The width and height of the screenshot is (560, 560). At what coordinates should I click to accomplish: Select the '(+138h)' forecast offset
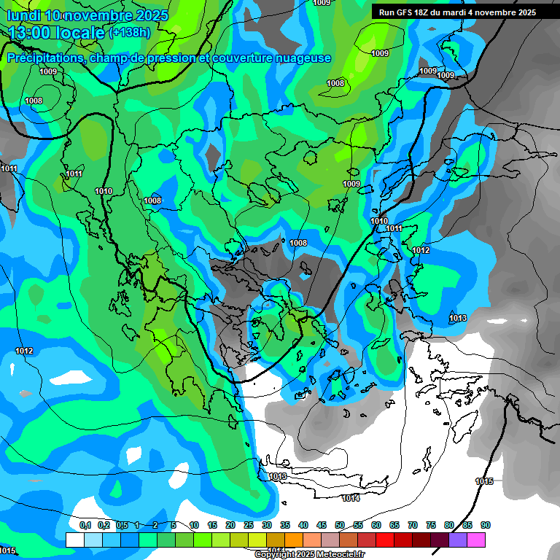click(130, 32)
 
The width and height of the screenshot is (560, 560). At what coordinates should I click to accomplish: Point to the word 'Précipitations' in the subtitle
click(43, 58)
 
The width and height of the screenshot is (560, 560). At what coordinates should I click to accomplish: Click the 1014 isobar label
click(351, 498)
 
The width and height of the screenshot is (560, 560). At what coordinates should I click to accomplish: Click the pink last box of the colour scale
click(476, 540)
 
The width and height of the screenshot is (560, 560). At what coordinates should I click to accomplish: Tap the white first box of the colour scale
click(74, 540)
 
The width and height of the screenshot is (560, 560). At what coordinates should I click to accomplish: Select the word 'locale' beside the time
click(79, 33)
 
